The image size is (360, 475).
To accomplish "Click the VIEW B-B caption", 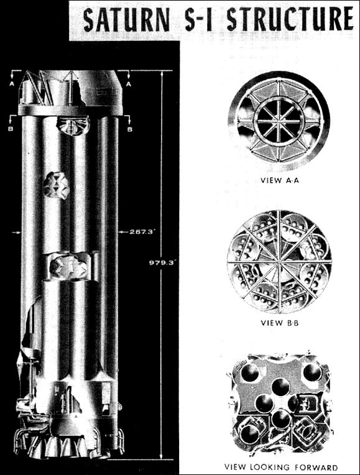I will click(279, 323).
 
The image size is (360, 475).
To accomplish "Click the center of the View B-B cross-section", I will click(279, 263).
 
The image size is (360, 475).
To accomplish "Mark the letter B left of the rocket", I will click(11, 129).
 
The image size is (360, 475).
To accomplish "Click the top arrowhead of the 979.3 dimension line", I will click(163, 73).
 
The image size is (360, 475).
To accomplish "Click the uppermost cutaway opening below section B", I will click(73, 125).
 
